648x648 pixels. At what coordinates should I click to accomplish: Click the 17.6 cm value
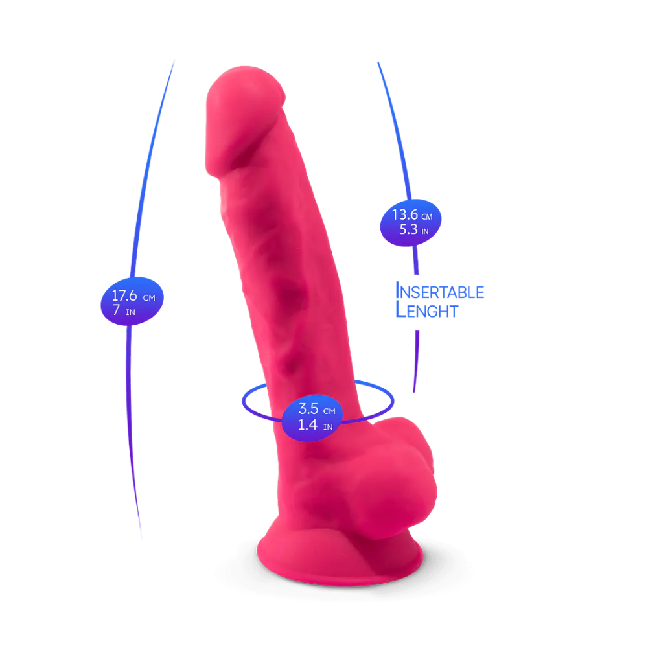pyautogui.click(x=133, y=295)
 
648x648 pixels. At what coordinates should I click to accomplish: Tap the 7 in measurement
pyautogui.click(x=124, y=310)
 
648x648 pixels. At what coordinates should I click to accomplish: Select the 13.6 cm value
pyautogui.click(x=412, y=215)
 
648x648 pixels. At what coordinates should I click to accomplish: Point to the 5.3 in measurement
pyautogui.click(x=413, y=229)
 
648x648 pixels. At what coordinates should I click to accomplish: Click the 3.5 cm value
pyautogui.click(x=317, y=409)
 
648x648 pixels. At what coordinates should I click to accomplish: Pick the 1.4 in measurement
pyautogui.click(x=316, y=425)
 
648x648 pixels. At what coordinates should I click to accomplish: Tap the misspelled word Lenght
pyautogui.click(x=427, y=310)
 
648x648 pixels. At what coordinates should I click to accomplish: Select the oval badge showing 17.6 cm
pyautogui.click(x=132, y=301)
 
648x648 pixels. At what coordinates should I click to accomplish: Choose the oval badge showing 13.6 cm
pyautogui.click(x=411, y=223)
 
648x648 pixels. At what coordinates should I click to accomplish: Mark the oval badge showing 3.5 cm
pyautogui.click(x=313, y=418)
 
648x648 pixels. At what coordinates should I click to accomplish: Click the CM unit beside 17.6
pyautogui.click(x=149, y=298)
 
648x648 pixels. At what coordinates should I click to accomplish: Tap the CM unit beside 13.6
pyautogui.click(x=427, y=216)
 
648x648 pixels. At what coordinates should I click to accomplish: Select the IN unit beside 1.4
pyautogui.click(x=328, y=427)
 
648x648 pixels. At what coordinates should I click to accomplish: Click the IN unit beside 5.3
pyautogui.click(x=425, y=231)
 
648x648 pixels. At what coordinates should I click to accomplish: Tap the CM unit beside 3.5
pyautogui.click(x=329, y=411)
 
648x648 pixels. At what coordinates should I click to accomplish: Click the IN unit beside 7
pyautogui.click(x=131, y=312)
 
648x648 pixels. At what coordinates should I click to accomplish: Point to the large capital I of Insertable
pyautogui.click(x=398, y=290)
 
